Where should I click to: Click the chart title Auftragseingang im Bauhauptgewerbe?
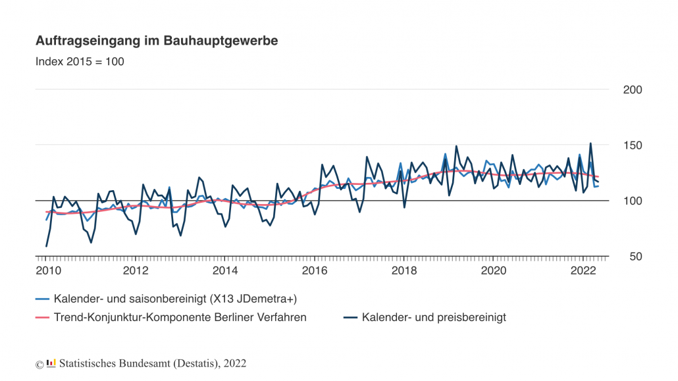coord(157,41)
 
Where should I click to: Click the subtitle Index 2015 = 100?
coord(80,62)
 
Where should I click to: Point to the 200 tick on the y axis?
coord(633,89)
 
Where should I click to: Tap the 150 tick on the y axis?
coord(633,145)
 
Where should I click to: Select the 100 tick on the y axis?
coord(633,201)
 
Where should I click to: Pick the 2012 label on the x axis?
coord(136,270)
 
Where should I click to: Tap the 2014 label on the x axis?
coord(225,270)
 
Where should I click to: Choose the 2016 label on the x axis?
coord(315,270)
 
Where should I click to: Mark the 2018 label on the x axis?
coord(404,270)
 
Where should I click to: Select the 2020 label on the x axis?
coord(494,270)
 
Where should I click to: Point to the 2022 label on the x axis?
coord(583,270)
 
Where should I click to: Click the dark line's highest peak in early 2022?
coord(590,143)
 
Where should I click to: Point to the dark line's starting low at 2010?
coord(46,246)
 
